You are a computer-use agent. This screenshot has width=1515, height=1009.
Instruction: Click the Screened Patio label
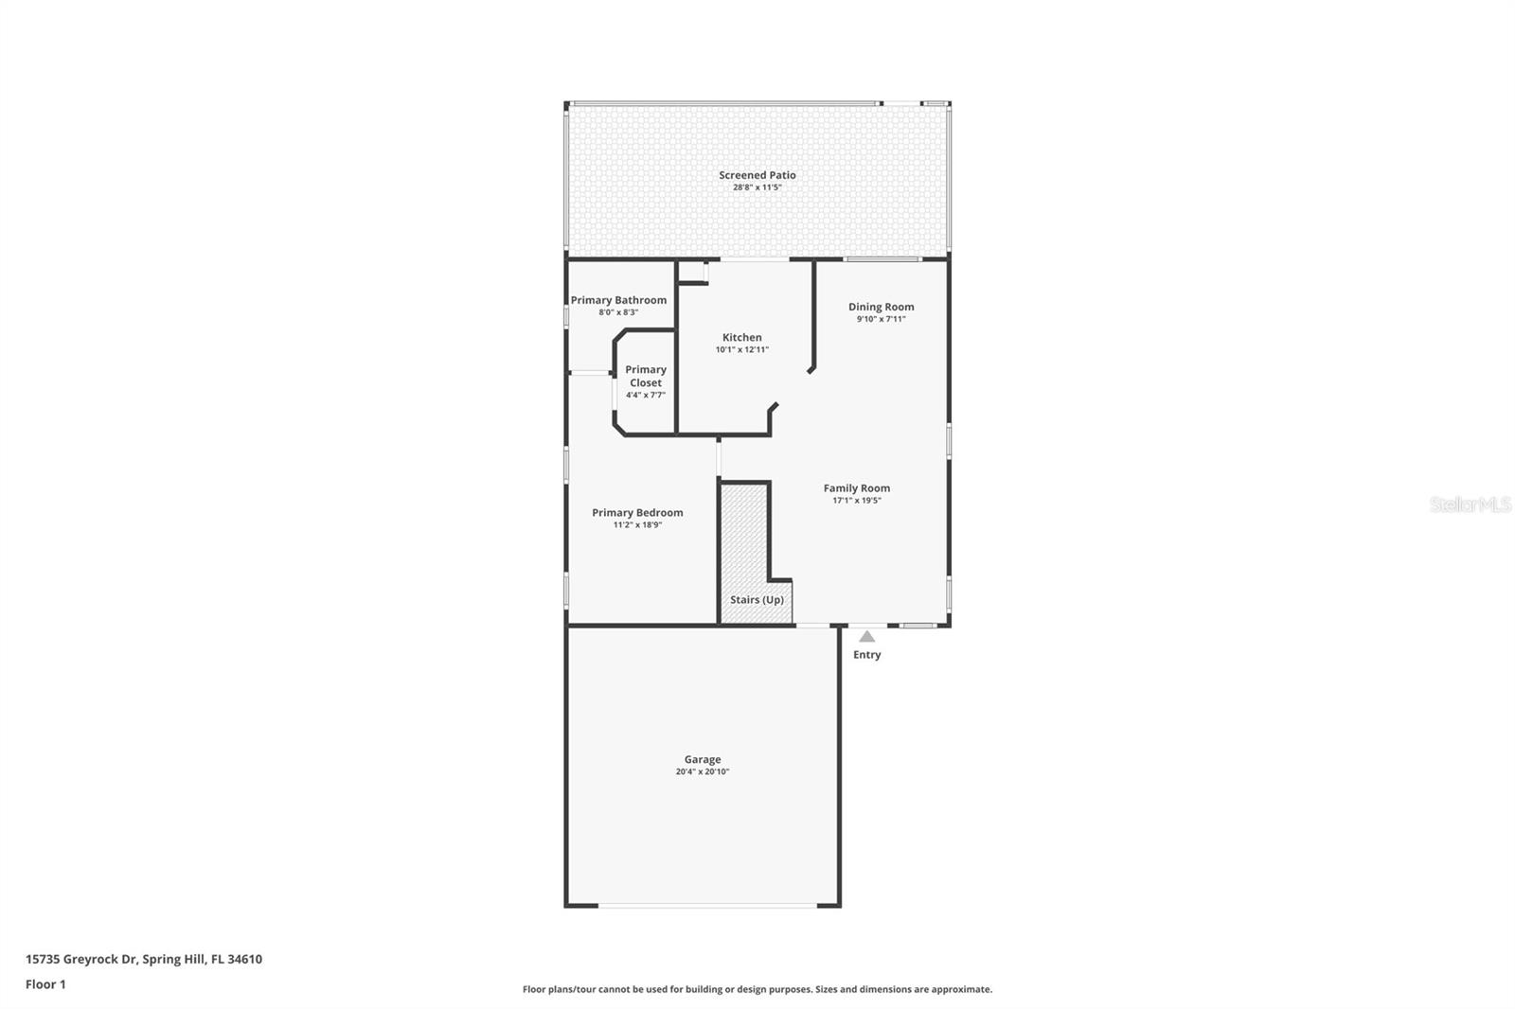(757, 175)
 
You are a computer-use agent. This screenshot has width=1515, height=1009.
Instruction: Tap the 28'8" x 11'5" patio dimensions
(757, 187)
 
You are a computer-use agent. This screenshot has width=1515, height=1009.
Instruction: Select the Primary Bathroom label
(618, 300)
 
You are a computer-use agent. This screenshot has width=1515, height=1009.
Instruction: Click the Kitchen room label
(741, 337)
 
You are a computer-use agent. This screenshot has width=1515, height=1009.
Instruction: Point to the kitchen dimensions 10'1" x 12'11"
(741, 350)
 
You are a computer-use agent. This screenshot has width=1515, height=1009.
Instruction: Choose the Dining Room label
(881, 307)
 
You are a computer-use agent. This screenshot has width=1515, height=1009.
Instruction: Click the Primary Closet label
(646, 376)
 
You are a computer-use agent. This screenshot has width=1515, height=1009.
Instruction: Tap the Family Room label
(856, 488)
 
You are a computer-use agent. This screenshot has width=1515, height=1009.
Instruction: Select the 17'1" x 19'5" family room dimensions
(856, 501)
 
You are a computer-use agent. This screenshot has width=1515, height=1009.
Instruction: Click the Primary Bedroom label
(637, 513)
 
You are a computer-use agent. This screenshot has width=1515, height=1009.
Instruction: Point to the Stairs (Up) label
(757, 600)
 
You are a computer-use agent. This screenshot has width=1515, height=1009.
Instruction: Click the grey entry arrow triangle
(866, 637)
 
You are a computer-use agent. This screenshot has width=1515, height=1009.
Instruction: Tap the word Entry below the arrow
(866, 655)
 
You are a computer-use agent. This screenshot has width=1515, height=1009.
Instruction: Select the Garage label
(703, 759)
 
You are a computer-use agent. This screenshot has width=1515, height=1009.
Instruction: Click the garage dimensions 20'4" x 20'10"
(703, 772)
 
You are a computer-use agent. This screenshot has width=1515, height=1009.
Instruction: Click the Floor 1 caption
(45, 984)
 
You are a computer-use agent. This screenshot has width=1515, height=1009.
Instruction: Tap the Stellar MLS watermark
(1470, 504)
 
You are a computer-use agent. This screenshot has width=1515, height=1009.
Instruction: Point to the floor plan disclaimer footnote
(757, 989)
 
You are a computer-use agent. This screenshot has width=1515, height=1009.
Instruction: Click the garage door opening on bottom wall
(707, 906)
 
